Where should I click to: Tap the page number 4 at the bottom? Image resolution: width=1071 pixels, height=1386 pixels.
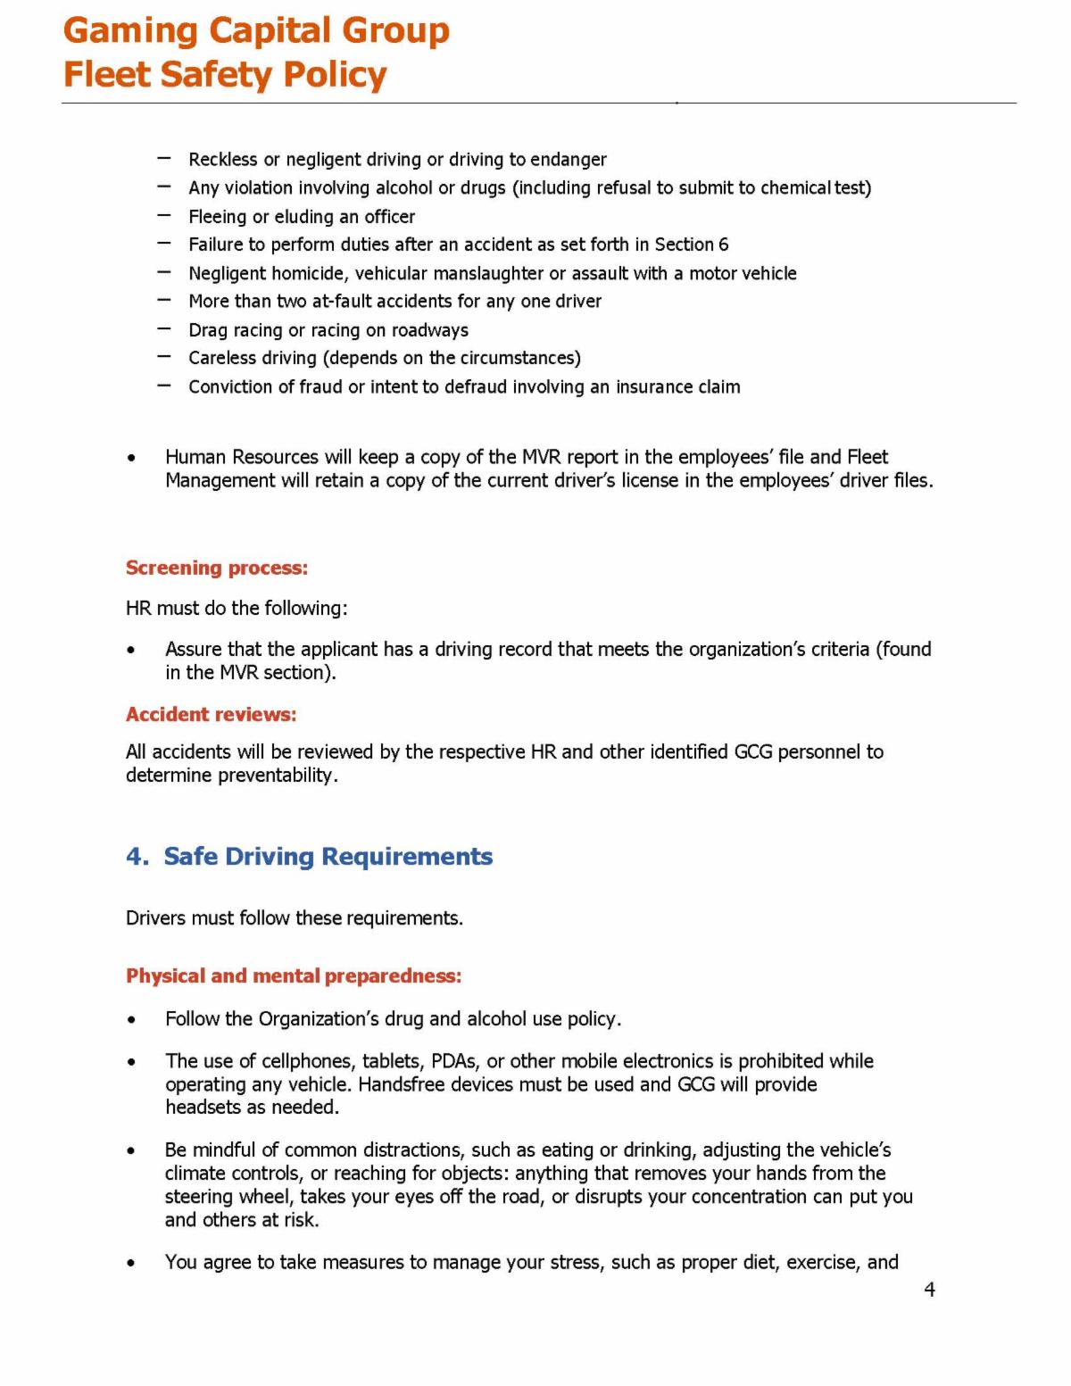929,1290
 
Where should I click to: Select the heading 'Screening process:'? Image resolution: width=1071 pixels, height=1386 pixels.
216,568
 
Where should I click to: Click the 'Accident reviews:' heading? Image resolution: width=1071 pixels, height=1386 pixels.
211,714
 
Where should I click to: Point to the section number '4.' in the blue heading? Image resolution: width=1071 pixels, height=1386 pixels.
137,857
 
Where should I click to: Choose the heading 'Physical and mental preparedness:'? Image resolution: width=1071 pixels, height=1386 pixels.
294,975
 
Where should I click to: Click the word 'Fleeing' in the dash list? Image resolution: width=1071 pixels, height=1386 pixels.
217,217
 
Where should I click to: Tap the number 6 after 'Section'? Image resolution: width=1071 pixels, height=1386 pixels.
723,245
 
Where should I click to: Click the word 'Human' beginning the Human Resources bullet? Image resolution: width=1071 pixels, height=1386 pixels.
195,457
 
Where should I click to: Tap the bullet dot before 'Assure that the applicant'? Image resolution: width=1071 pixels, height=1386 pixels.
132,650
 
